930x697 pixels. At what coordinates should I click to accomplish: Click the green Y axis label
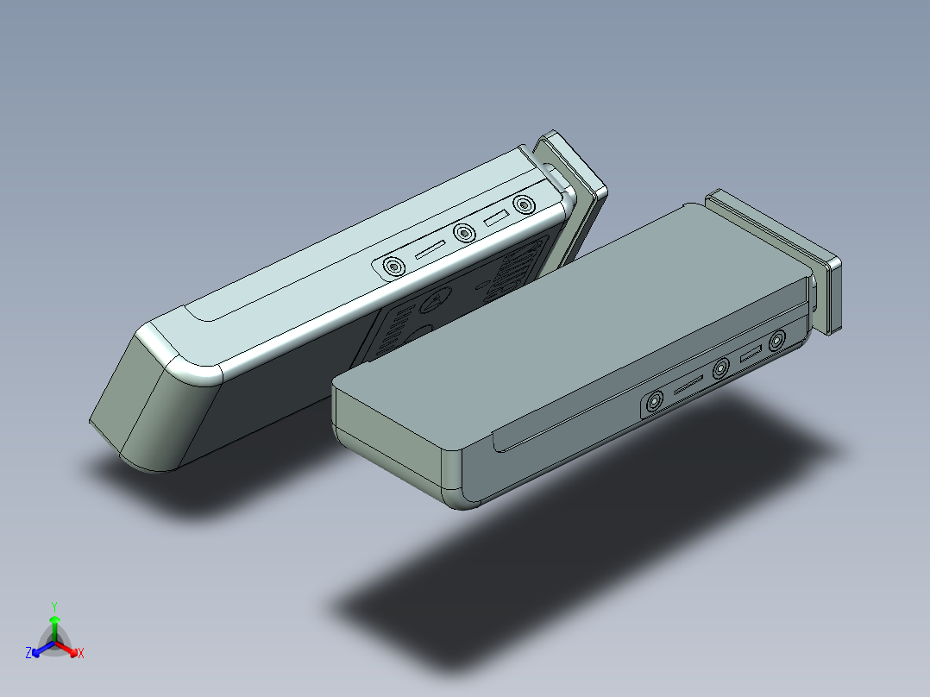pos(53,606)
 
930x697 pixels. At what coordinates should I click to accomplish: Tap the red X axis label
pos(81,654)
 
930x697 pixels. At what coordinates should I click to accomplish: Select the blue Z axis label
pos(28,654)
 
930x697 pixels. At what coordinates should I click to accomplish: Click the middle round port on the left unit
pos(464,234)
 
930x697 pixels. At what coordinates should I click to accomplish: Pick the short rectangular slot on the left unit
pos(495,219)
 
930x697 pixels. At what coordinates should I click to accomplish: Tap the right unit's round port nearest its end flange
pos(777,340)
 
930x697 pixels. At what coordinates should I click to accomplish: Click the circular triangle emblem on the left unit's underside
pos(437,299)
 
